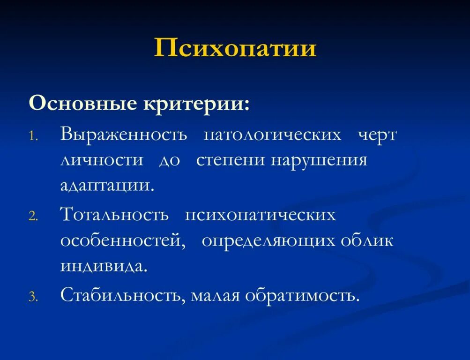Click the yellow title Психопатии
tap(235, 48)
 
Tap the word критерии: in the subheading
tap(196, 103)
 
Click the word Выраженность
tap(124, 135)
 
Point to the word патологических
tap(272, 135)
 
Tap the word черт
tap(377, 135)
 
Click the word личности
tap(102, 160)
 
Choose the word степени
tap(231, 160)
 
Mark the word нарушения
tap(319, 160)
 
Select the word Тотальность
tap(114, 215)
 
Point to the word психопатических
tap(260, 215)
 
